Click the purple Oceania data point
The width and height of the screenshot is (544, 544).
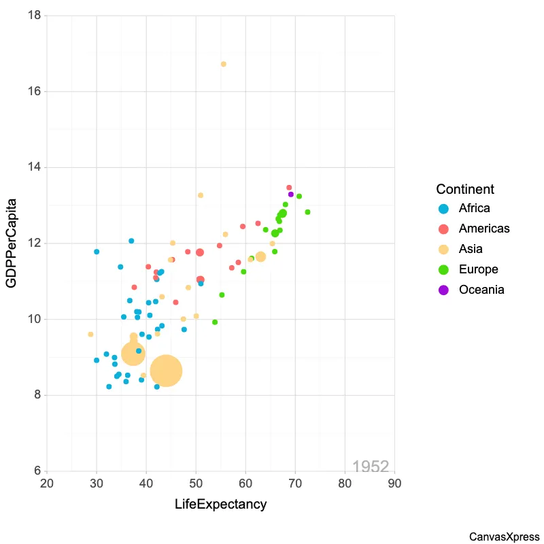291,194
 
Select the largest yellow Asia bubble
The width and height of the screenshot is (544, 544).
166,371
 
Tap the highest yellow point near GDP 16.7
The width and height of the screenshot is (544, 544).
223,64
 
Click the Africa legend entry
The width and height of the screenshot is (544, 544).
474,208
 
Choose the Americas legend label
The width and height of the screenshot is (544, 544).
483,228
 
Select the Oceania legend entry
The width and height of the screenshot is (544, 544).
481,290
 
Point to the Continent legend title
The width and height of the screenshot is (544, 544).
465,189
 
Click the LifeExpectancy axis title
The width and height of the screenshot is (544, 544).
220,505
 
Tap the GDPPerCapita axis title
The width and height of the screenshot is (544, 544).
12,243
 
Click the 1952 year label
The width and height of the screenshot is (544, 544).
371,466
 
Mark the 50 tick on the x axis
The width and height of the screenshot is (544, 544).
196,483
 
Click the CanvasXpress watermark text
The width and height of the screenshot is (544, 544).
504,537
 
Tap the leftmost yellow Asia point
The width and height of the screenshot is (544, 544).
90,334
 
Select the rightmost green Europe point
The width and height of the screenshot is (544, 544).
307,212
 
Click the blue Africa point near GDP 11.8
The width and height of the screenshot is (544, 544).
97,252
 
